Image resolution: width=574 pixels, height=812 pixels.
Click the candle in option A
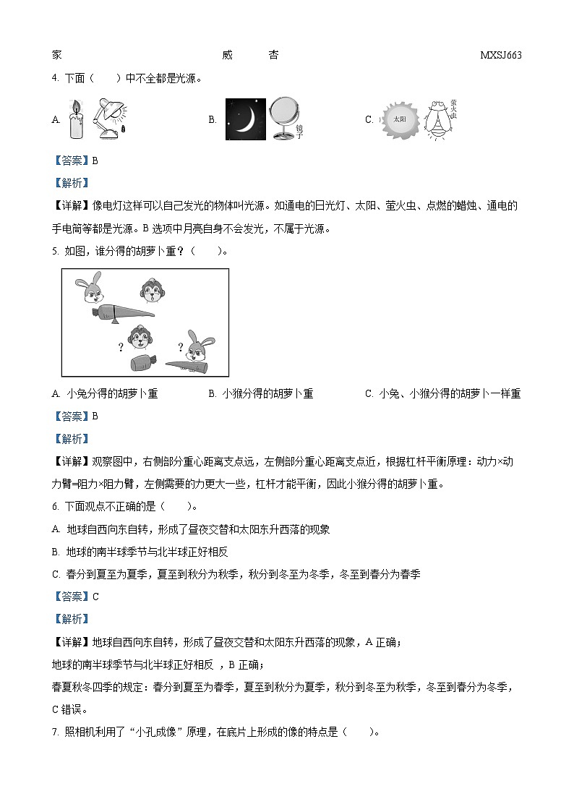[76, 120]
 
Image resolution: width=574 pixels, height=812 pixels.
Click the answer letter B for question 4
[95, 161]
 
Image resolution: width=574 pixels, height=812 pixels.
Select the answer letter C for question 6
[95, 597]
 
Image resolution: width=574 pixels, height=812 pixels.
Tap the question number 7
[55, 732]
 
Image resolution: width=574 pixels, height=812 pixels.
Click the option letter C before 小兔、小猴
[369, 394]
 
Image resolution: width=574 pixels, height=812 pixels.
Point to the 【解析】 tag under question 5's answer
[71, 439]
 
